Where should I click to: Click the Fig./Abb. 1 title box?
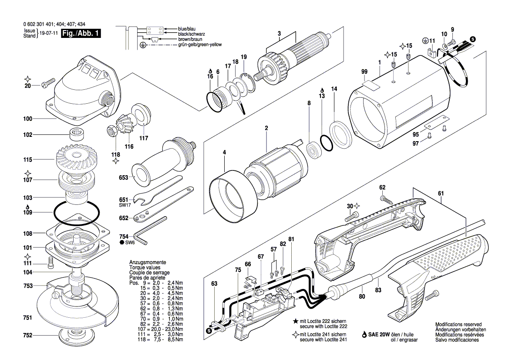[81, 33]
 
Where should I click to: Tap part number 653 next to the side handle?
[123, 178]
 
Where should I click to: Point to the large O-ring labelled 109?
[77, 214]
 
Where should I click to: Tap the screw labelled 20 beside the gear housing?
[47, 82]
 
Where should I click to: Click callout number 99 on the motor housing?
[364, 72]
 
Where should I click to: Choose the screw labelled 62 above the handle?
[387, 198]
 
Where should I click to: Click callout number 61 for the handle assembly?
[441, 194]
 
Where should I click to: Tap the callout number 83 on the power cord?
[378, 290]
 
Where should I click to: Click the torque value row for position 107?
[156, 329]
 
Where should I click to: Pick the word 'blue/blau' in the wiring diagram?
[187, 29]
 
